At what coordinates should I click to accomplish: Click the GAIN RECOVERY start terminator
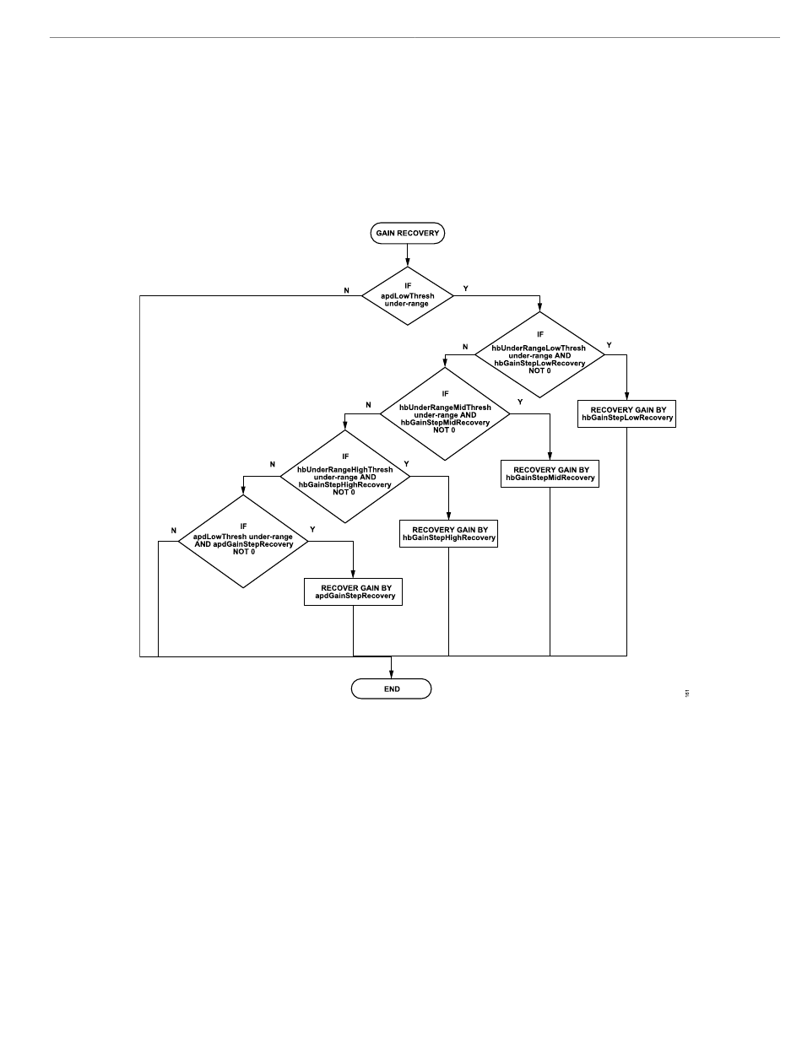(x=407, y=234)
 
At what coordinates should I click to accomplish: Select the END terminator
(x=392, y=688)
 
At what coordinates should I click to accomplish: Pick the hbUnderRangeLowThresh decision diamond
(x=539, y=354)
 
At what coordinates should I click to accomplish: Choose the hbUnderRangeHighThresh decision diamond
(x=344, y=477)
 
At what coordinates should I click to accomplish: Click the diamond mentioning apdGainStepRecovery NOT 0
(x=243, y=541)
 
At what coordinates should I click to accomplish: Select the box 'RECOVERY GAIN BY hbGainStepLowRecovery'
(x=627, y=413)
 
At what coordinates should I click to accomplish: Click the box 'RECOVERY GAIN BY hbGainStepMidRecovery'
(x=550, y=472)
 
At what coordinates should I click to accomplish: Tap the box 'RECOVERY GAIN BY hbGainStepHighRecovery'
(x=448, y=533)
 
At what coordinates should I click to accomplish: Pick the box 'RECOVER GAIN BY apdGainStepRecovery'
(x=353, y=591)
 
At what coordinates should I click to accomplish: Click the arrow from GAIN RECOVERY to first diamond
(x=408, y=254)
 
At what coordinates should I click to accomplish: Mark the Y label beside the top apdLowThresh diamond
(x=466, y=289)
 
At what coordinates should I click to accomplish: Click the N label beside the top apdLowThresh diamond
(x=346, y=290)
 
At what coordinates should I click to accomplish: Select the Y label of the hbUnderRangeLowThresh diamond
(x=610, y=346)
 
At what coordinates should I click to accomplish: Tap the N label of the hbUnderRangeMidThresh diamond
(x=368, y=405)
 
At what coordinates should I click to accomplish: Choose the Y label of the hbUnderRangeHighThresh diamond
(x=407, y=464)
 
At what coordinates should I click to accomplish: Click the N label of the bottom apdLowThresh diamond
(x=174, y=531)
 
